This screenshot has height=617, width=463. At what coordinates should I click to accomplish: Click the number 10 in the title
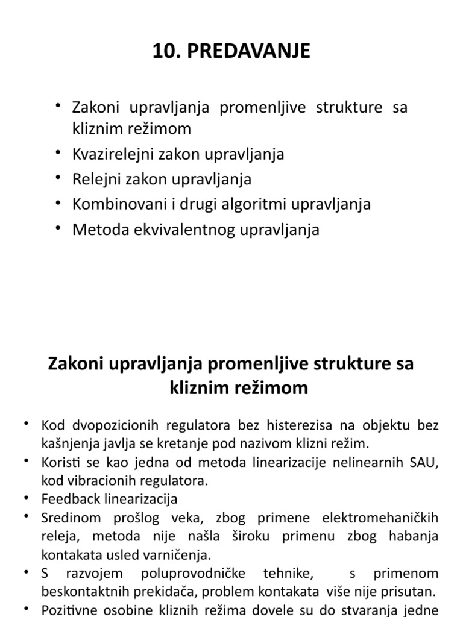click(x=163, y=52)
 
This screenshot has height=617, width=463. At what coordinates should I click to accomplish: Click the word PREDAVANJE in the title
click(x=248, y=52)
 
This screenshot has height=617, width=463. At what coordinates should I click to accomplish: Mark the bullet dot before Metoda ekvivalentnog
click(x=58, y=227)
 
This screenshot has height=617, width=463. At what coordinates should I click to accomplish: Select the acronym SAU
click(x=424, y=462)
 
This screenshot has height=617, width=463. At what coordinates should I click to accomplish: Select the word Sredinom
click(x=68, y=518)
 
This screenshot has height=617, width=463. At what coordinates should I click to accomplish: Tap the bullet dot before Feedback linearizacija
click(x=27, y=497)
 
